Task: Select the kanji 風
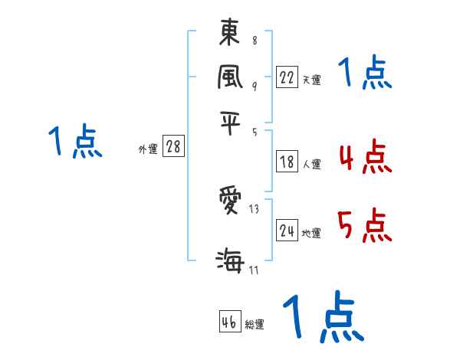(x=230, y=77)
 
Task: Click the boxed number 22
(x=287, y=77)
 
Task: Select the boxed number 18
(x=287, y=162)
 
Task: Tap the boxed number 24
(x=287, y=231)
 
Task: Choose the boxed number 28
(x=173, y=147)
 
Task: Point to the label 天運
(x=311, y=80)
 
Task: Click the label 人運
(x=311, y=164)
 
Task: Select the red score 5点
(x=363, y=227)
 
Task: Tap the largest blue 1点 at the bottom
(x=323, y=317)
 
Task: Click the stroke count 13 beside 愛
(x=254, y=209)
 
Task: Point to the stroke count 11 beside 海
(x=254, y=269)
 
